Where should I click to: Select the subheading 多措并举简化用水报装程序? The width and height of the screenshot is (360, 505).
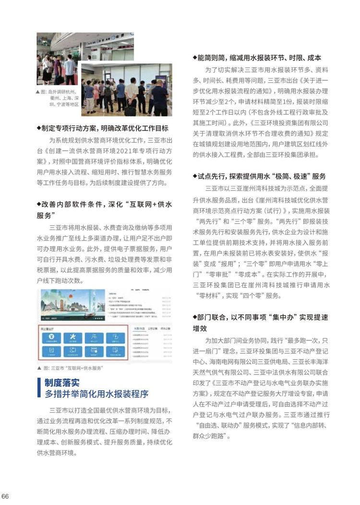[x=96, y=394]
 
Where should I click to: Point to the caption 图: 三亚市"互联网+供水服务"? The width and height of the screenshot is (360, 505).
[x=73, y=368]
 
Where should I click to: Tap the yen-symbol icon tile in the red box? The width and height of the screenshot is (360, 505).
[x=52, y=337]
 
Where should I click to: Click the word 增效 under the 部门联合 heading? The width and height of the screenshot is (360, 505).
[x=200, y=328]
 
